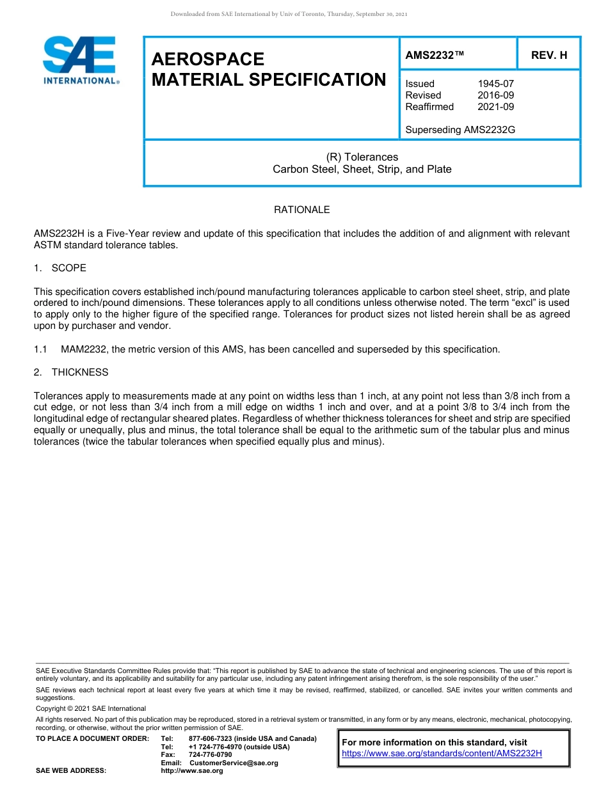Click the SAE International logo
pos(80,60)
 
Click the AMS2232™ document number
pos(435,56)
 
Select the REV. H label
pos(549,56)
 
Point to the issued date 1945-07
pos(495,84)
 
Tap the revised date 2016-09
pos(495,95)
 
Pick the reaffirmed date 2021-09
pos(495,107)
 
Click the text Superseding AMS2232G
pos(460,130)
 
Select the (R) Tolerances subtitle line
pos(362,157)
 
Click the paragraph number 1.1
pos(40,349)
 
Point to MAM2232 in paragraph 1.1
pos(84,349)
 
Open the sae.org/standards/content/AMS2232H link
pos(442,754)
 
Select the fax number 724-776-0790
pos(210,755)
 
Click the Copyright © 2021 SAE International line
pos(91,708)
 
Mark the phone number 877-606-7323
pos(211,739)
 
